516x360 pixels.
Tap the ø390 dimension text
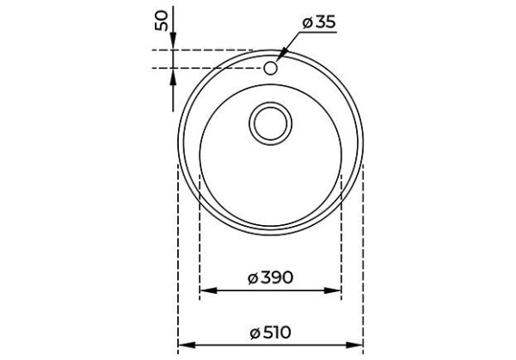(x=271, y=278)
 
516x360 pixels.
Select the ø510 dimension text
(x=271, y=330)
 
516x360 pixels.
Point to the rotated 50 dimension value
(x=161, y=21)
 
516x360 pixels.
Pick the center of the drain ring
(x=271, y=123)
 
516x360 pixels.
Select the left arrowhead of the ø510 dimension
(x=182, y=345)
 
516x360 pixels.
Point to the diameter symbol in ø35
(x=305, y=23)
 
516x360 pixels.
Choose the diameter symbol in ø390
(x=254, y=278)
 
